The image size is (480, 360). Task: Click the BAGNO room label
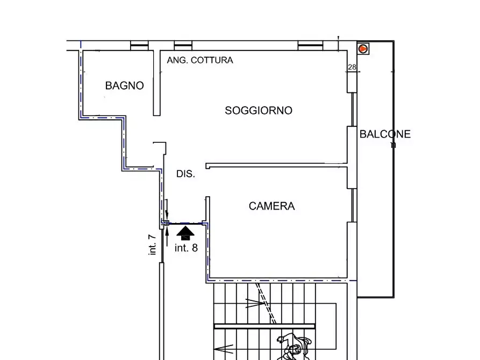click(124, 85)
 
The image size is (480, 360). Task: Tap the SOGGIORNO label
click(259, 111)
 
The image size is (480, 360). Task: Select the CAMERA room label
click(271, 206)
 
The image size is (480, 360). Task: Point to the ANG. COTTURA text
click(200, 60)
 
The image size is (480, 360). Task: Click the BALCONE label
click(385, 134)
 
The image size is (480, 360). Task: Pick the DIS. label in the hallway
click(185, 174)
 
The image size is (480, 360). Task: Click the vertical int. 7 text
click(152, 244)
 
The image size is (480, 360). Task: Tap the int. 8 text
click(186, 248)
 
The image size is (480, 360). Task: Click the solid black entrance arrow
click(185, 233)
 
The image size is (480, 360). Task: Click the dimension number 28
click(352, 67)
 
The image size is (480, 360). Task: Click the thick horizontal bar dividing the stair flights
click(264, 326)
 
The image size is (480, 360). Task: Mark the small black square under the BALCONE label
click(393, 145)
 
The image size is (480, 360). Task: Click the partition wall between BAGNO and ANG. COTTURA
click(156, 83)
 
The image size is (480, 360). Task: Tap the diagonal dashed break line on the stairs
click(267, 304)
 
